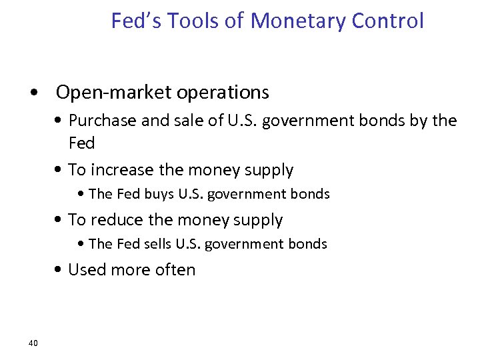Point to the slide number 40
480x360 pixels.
click(x=33, y=343)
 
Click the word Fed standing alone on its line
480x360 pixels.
click(x=82, y=143)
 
